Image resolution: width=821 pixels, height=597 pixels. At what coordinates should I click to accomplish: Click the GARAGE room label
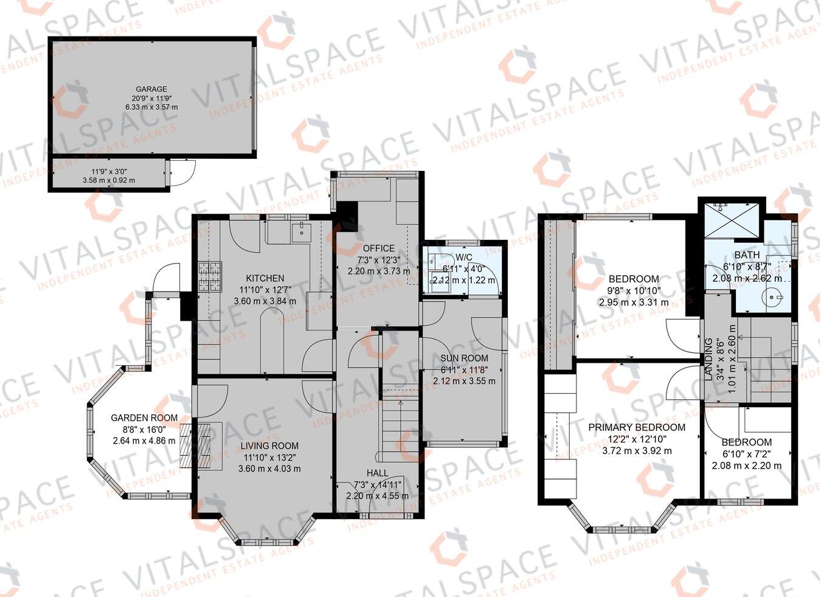[x=151, y=89]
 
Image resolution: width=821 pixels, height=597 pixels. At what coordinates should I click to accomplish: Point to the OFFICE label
[x=378, y=248]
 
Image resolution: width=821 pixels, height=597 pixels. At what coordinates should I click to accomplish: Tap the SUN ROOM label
[x=464, y=358]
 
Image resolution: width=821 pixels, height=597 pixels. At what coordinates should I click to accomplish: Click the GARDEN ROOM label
[x=144, y=418]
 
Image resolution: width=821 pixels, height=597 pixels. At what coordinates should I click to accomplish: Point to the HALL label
[x=377, y=473]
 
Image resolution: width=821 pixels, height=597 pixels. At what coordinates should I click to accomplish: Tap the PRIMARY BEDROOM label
[x=636, y=428]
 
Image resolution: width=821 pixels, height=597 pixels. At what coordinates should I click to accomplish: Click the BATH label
[x=746, y=255]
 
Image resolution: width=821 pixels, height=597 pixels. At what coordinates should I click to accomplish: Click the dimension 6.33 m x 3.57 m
[x=151, y=107]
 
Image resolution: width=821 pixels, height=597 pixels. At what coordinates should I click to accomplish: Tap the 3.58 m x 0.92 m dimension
[x=109, y=180]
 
